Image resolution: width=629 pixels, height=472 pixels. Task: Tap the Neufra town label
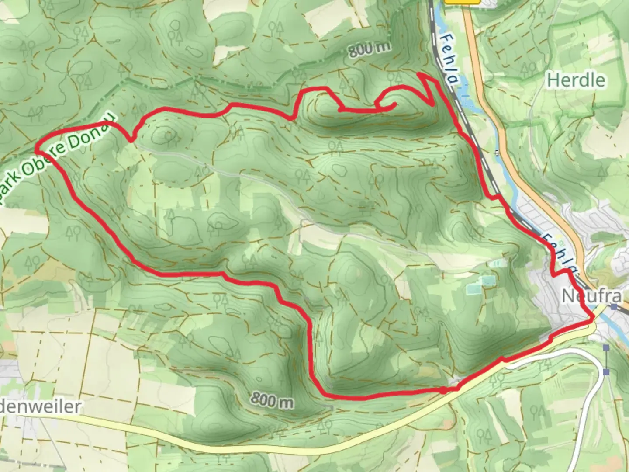[x=591, y=296]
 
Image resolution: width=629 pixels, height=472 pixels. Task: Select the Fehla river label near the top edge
[x=449, y=60]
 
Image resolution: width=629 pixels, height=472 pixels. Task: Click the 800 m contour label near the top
[x=369, y=49]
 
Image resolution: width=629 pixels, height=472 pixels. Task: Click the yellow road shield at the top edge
[x=462, y=2]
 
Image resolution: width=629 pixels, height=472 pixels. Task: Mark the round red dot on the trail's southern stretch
[x=443, y=390]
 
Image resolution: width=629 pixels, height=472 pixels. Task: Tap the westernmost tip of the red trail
[x=37, y=149]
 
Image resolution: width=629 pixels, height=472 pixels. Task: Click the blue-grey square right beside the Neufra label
[x=615, y=306]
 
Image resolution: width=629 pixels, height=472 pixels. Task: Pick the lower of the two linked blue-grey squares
[x=606, y=371]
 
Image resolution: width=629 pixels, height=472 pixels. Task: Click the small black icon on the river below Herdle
[x=496, y=153]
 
